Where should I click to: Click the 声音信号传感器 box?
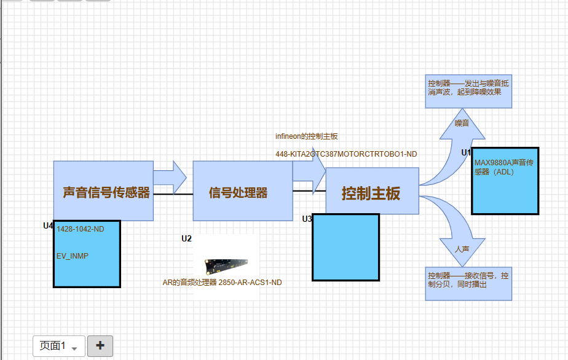click(103, 178)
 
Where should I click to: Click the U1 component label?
click(465, 152)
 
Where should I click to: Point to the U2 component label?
click(186, 238)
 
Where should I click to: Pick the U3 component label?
click(307, 219)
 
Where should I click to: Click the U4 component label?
click(48, 226)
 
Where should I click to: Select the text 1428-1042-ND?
click(81, 229)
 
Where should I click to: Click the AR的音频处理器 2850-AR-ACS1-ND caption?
click(222, 283)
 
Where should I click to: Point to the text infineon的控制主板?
click(306, 136)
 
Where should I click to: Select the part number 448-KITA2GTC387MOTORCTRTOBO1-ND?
click(346, 154)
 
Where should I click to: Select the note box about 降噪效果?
click(468, 92)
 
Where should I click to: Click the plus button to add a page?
click(100, 346)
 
